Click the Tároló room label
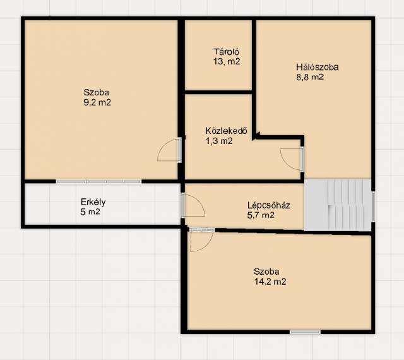pyautogui.click(x=226, y=52)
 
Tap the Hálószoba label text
pyautogui.click(x=317, y=67)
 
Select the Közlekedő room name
pyautogui.click(x=226, y=131)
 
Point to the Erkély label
pyautogui.click(x=93, y=202)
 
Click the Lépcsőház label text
pyautogui.click(x=269, y=205)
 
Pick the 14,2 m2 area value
pyautogui.click(x=270, y=282)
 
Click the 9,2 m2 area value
pyautogui.click(x=97, y=102)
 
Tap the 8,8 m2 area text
pyautogui.click(x=310, y=77)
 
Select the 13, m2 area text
pyautogui.click(x=227, y=61)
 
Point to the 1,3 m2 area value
pyautogui.click(x=219, y=141)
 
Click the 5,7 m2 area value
pyautogui.click(x=261, y=215)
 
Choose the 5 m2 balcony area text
pyautogui.click(x=90, y=212)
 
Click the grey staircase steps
pyautogui.click(x=338, y=205)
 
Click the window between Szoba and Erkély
pyautogui.click(x=98, y=181)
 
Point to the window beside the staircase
pyautogui.click(x=373, y=206)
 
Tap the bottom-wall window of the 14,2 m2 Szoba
pyautogui.click(x=305, y=332)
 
